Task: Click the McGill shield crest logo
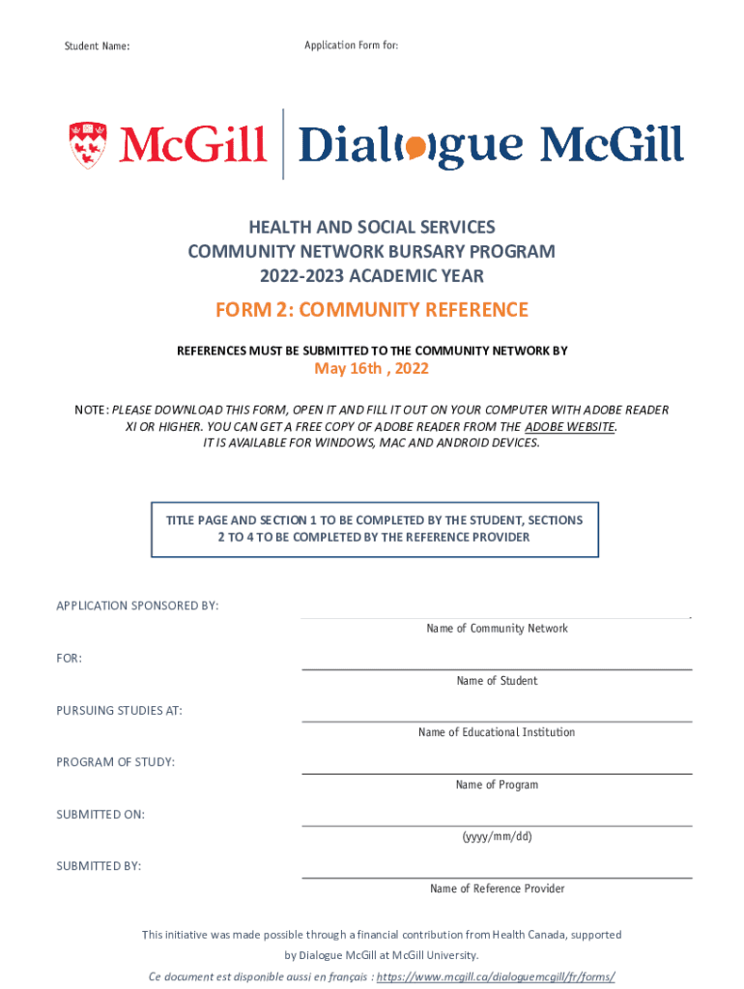88,145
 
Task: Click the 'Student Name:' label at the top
97,46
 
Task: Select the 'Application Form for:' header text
351,45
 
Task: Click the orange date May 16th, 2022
372,369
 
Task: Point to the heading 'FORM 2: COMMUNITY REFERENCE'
372,310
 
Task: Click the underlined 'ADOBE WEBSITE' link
569,426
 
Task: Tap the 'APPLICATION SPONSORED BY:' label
137,606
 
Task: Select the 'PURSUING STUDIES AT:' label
119,711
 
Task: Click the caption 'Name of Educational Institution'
497,732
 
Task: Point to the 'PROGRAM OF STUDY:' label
115,762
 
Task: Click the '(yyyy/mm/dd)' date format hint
497,836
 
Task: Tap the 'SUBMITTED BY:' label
99,866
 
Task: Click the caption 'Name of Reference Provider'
497,889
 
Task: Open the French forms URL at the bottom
496,976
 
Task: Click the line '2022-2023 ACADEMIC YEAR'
372,276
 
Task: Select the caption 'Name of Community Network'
497,629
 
